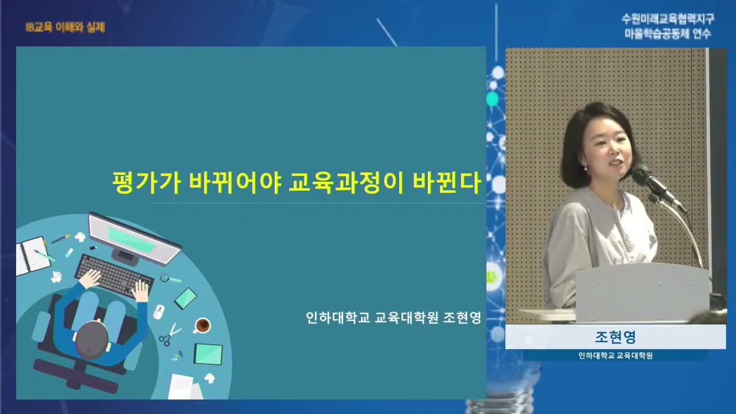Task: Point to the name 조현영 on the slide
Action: (x=462, y=318)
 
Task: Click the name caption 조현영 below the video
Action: (x=615, y=337)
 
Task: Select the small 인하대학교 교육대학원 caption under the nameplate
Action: (x=615, y=355)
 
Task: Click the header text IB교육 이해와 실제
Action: (x=65, y=27)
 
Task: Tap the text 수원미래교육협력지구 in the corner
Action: (x=668, y=19)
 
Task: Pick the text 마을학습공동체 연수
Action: (x=668, y=33)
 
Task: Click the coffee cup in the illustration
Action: (x=202, y=325)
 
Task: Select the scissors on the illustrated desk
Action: (x=170, y=334)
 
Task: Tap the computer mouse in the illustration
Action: (x=159, y=312)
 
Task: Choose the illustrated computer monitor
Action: (x=133, y=237)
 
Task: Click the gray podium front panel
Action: (x=642, y=293)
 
